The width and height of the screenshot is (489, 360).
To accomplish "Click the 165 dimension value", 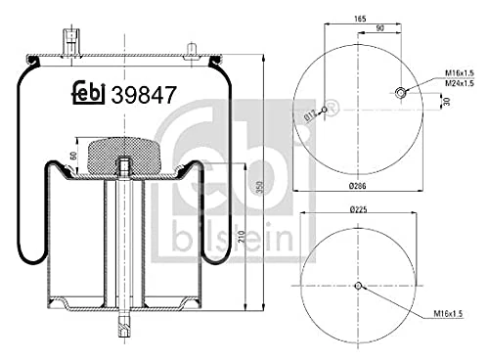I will (360, 20).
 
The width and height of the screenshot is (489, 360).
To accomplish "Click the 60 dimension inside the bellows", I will (75, 156).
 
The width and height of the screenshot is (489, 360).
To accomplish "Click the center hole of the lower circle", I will (359, 286).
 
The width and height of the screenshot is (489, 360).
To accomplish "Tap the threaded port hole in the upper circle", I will (400, 93).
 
